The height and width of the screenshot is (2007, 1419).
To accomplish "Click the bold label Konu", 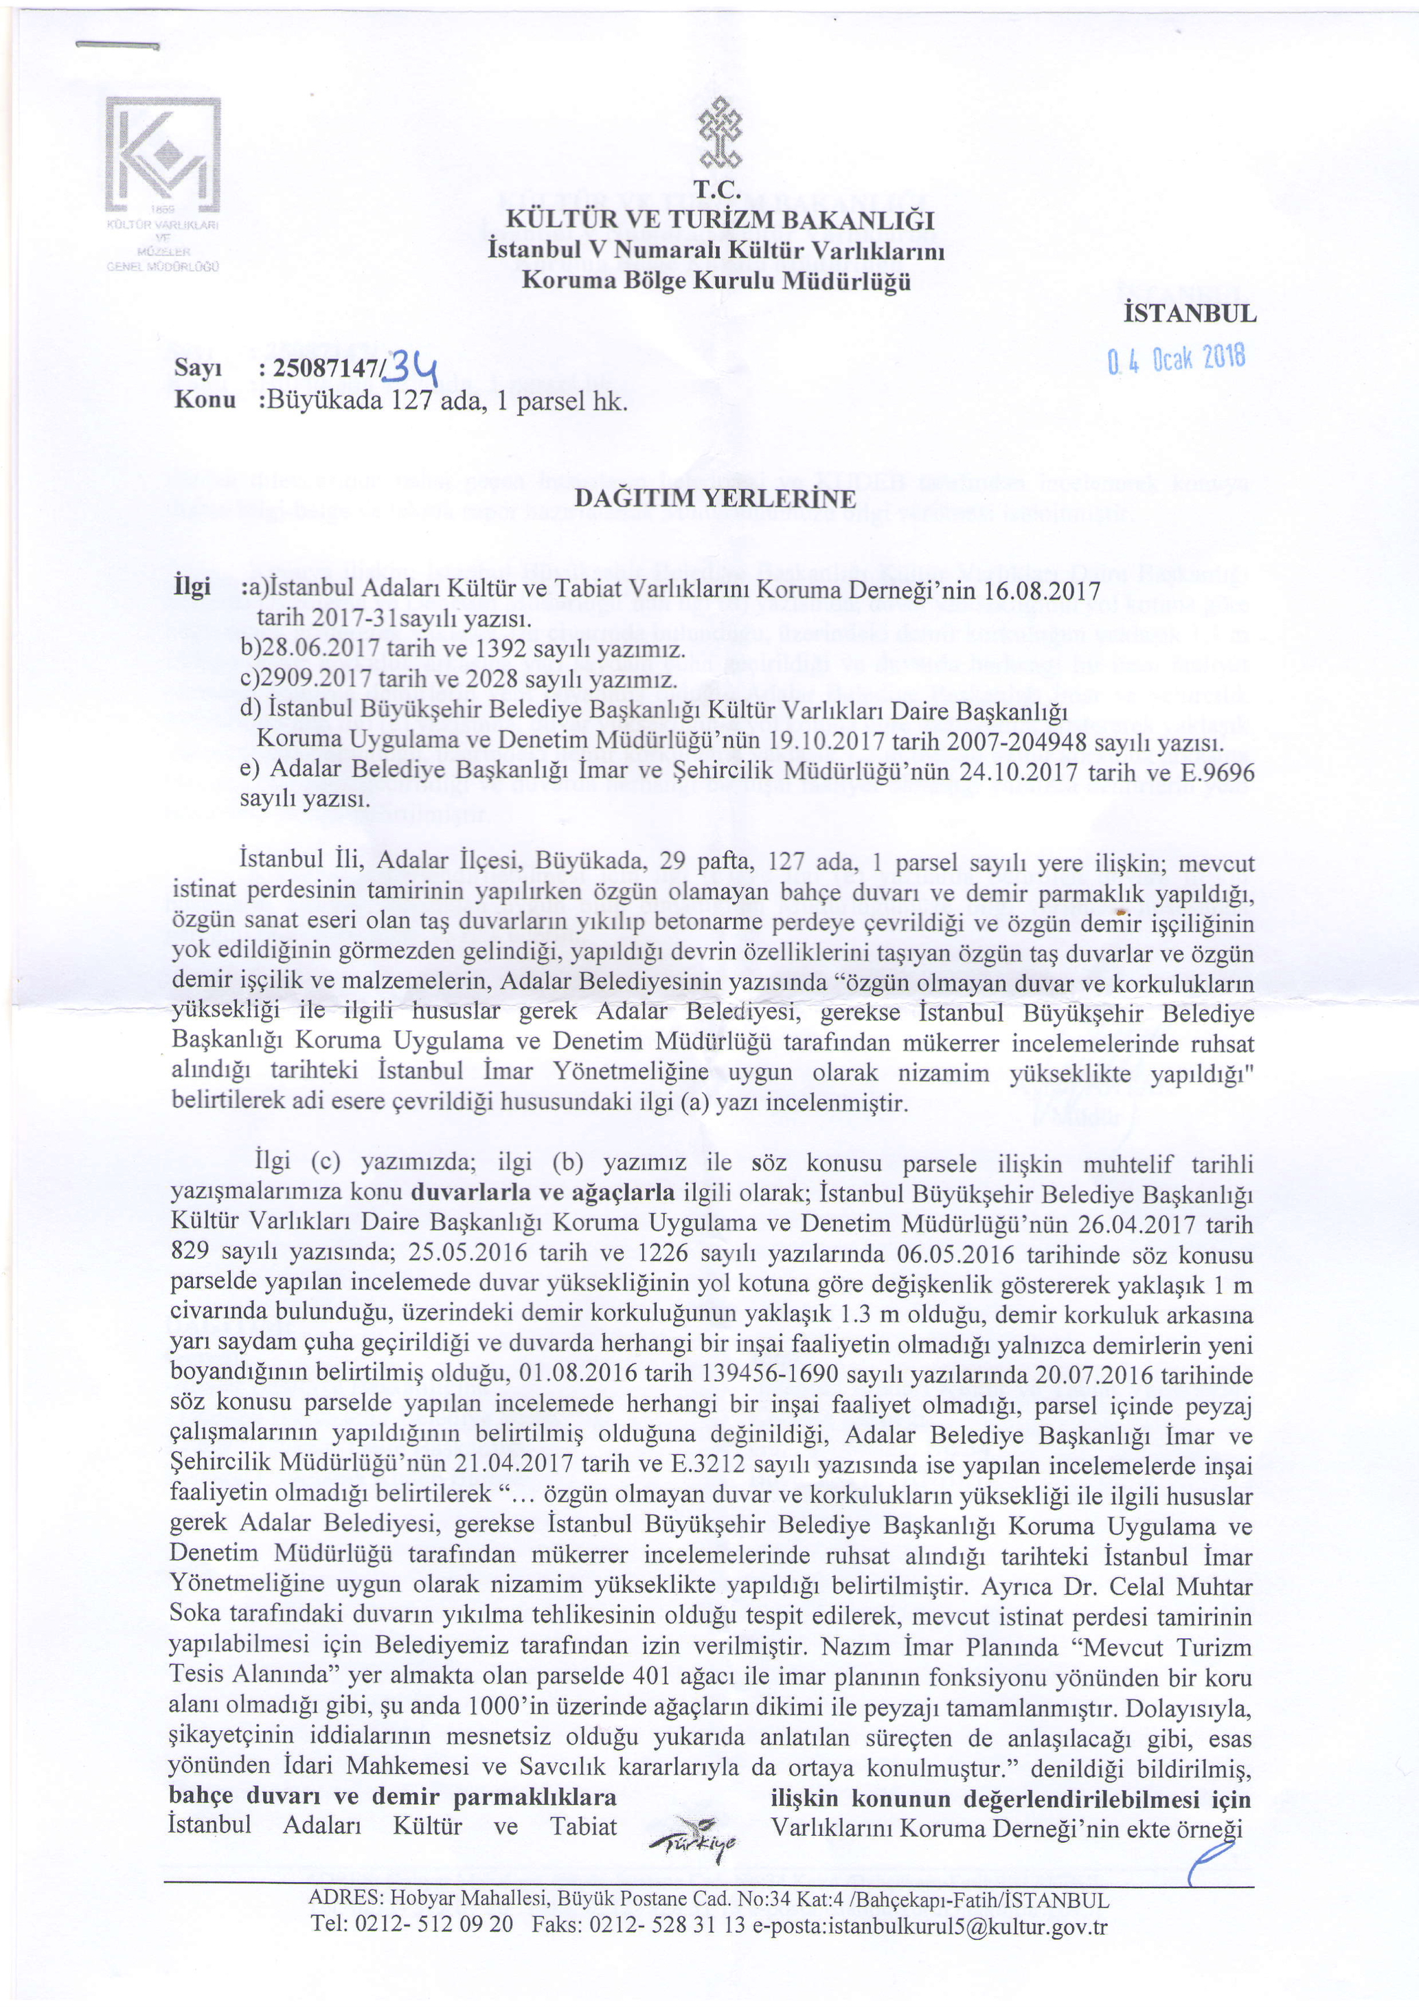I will point(205,400).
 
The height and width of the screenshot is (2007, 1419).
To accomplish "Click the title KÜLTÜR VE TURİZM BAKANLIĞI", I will point(715,218).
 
